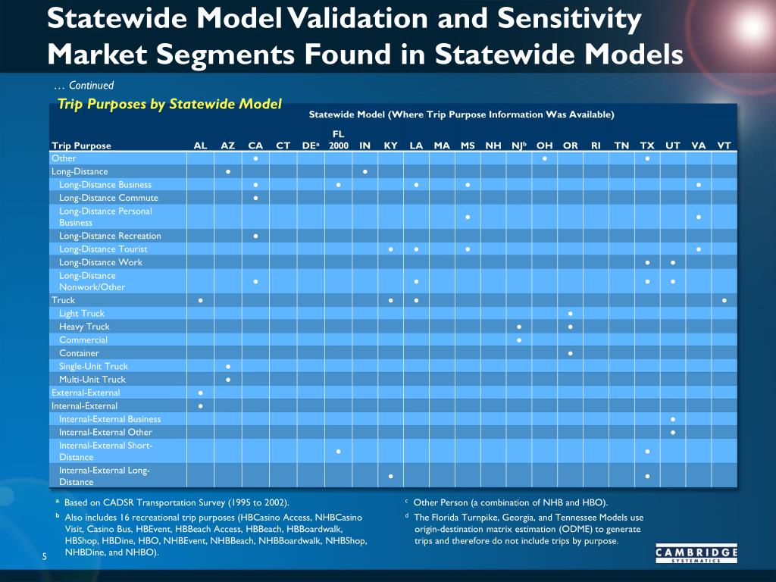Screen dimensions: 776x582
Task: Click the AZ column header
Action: pos(227,145)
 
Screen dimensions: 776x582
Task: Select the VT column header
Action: pos(724,145)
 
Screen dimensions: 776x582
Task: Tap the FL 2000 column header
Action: pos(339,139)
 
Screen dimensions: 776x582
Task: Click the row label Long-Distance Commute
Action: pos(108,198)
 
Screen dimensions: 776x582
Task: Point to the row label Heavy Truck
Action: pos(84,327)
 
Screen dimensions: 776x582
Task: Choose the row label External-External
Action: pos(86,393)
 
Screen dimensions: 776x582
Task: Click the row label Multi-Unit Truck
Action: pos(92,380)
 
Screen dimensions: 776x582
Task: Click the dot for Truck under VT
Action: pos(724,300)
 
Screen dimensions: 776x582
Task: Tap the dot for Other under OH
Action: pos(544,158)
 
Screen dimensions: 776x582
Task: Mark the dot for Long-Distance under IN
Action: pos(365,172)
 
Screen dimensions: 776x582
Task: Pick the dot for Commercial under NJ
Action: pos(518,340)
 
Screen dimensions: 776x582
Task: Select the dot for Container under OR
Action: pos(570,353)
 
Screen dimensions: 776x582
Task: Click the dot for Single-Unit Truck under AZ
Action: pos(227,367)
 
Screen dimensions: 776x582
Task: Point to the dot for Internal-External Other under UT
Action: pos(673,433)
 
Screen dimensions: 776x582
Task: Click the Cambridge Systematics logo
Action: pos(696,554)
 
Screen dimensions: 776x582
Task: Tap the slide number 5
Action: pos(45,556)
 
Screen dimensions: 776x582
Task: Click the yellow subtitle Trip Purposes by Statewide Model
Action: pos(169,104)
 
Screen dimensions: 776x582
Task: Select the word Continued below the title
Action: pos(92,85)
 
